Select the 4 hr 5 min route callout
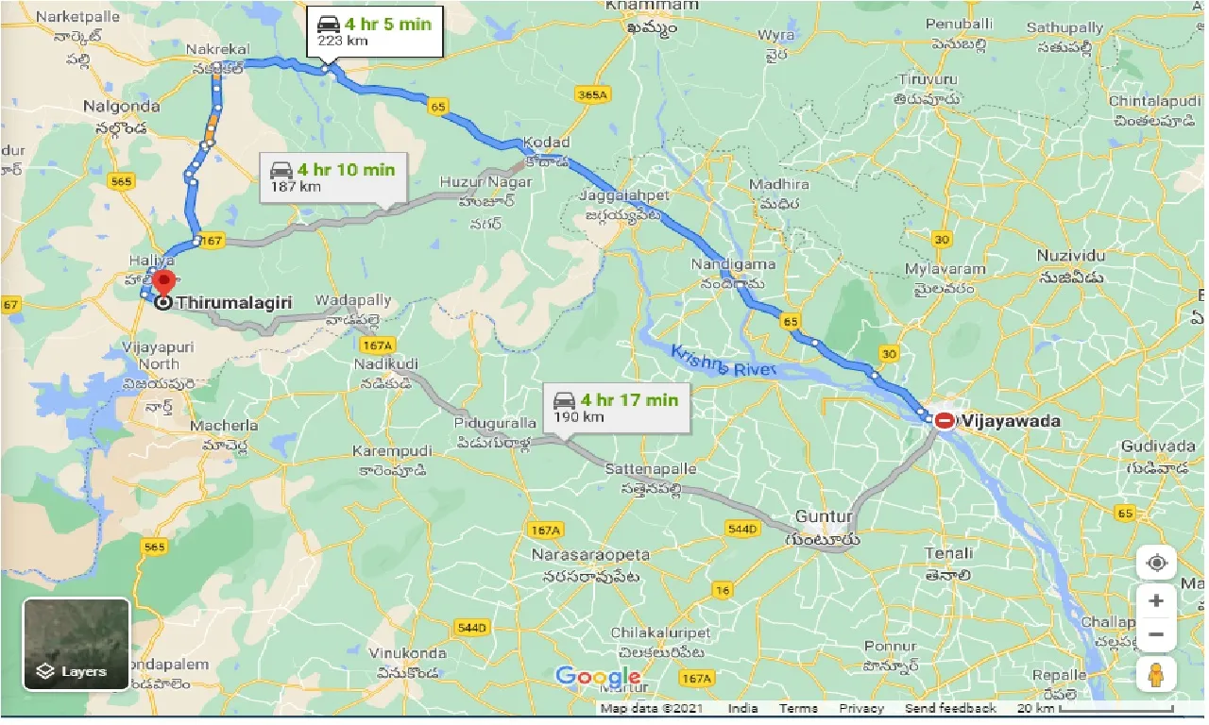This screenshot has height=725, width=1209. tap(373, 31)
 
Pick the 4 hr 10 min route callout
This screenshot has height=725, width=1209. tap(334, 177)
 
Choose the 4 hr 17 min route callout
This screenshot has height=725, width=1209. tap(618, 408)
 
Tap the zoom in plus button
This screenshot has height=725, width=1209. tap(1156, 600)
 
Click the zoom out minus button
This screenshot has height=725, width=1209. tap(1156, 634)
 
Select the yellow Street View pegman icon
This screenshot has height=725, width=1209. tap(1156, 675)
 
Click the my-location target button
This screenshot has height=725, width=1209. tap(1156, 564)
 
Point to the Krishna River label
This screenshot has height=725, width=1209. tap(723, 362)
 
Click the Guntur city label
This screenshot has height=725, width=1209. tap(824, 517)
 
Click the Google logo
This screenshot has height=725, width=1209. tap(598, 677)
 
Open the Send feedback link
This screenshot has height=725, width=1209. tap(949, 708)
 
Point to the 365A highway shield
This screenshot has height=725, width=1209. tap(592, 94)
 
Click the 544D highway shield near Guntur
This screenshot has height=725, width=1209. tap(743, 529)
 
